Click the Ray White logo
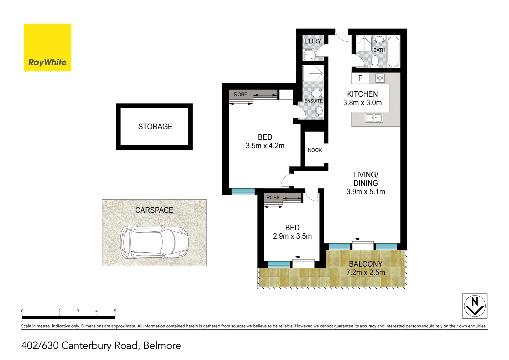coord(47,47)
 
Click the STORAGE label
coord(155,127)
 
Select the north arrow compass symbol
coord(475,306)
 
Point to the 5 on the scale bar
coord(115,311)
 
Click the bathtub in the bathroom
coord(393,52)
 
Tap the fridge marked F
coord(360,78)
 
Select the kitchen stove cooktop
coord(380,78)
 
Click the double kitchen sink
coord(374,118)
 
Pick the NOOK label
coord(315,150)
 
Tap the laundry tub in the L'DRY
coord(308,54)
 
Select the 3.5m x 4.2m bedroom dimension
coord(265,146)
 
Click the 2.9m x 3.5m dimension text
coord(292,236)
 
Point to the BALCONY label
coord(365,264)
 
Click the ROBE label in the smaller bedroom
coord(273,198)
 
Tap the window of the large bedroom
coord(243,191)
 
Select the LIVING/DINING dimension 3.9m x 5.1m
coord(365,192)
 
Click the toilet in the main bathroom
coord(375,61)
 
